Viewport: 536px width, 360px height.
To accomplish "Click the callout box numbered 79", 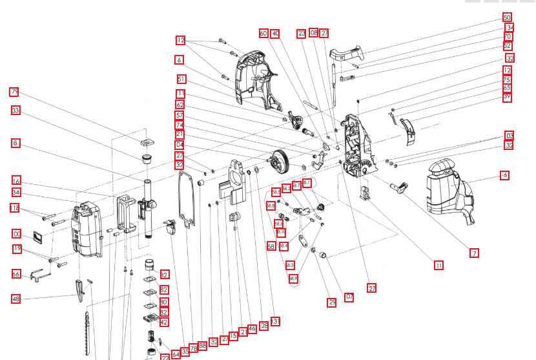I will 14,92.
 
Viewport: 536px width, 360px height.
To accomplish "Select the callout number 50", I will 507,18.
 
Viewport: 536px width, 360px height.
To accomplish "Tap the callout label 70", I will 508,37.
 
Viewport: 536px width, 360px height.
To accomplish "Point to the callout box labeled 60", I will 263,34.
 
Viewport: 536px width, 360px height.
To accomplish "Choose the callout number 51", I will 181,79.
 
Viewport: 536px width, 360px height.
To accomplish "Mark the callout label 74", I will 180,125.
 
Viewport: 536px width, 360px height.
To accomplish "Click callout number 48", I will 16,299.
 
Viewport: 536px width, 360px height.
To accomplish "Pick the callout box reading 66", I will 16,275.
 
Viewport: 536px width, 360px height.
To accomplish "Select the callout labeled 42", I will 164,322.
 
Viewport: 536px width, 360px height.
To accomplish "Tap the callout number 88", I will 203,346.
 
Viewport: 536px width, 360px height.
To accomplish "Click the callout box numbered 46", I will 253,329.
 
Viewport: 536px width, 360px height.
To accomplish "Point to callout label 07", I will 349,297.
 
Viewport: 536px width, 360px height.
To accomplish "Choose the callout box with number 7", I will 475,253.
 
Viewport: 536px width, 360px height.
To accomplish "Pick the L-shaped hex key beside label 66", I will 39,276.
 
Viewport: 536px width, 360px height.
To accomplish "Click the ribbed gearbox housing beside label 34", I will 87,229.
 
